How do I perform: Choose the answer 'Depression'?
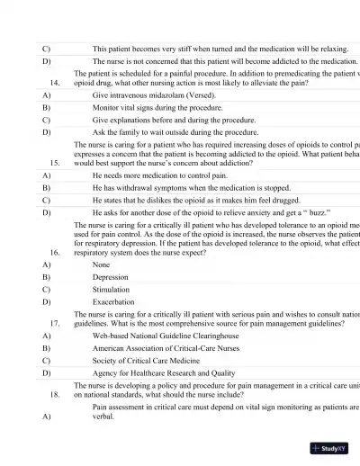[x=111, y=278]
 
